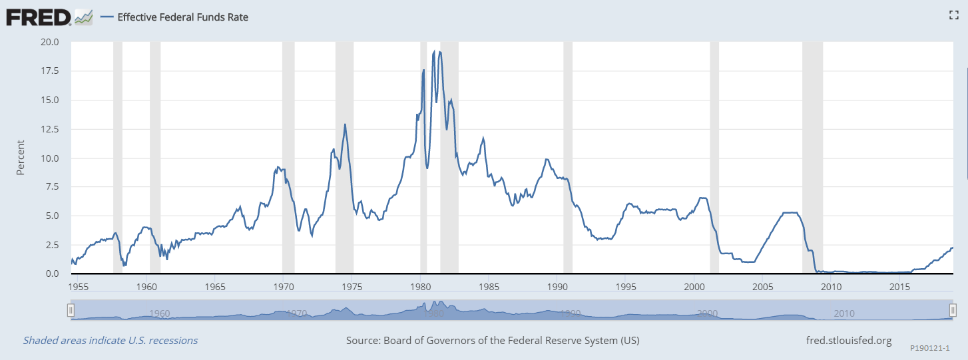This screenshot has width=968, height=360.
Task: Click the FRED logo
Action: tap(39, 17)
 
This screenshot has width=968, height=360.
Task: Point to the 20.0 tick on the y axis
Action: tap(51, 42)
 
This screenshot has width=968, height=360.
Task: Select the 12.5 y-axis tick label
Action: tap(51, 129)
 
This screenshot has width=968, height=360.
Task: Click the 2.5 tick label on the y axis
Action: tap(53, 246)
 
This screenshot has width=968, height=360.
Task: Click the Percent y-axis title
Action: tap(21, 157)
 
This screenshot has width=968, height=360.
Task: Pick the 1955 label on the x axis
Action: tap(77, 287)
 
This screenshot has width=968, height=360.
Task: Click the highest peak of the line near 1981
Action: tap(434, 51)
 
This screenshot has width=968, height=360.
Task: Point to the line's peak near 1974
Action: tap(345, 124)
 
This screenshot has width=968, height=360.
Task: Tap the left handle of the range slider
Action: tap(71, 310)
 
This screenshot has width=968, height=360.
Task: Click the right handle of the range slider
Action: tap(953, 310)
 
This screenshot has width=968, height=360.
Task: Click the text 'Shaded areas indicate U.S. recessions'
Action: tap(111, 341)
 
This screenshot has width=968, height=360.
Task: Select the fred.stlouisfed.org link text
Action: tap(848, 341)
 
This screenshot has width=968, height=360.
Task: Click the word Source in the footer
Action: tap(363, 341)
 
